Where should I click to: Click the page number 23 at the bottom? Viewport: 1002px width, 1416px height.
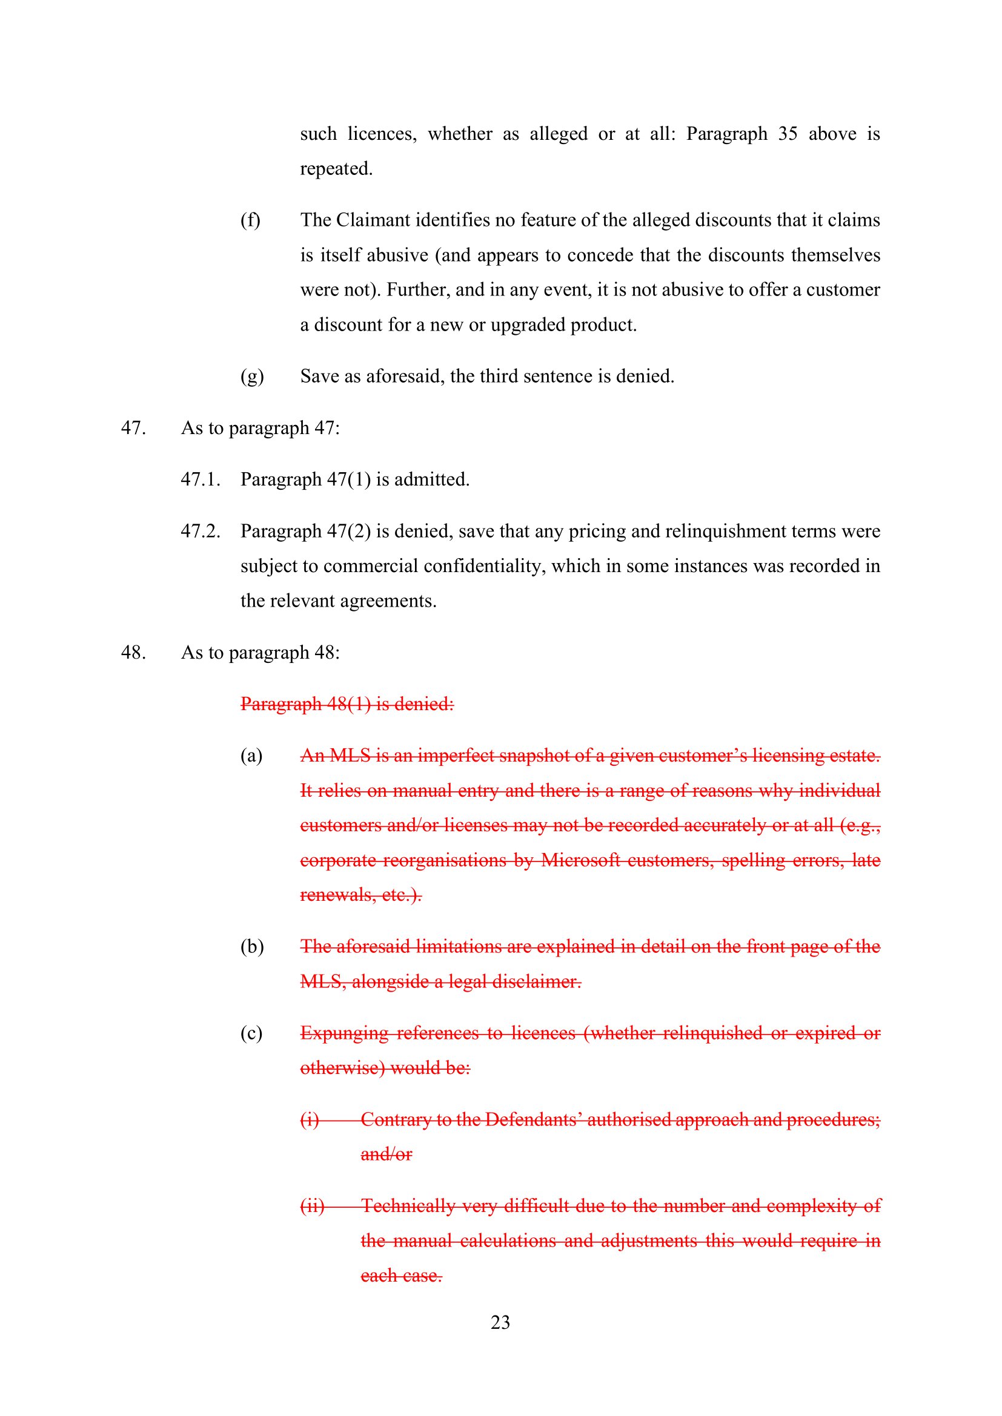point(500,1322)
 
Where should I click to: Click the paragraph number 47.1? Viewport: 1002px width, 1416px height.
point(201,479)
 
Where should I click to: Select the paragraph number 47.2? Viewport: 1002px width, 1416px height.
point(201,531)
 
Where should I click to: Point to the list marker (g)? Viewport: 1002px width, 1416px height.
point(252,376)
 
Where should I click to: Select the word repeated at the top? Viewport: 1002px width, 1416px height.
point(336,168)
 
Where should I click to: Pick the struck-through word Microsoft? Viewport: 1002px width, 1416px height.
point(580,860)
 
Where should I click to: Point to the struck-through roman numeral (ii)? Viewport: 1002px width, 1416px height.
point(312,1206)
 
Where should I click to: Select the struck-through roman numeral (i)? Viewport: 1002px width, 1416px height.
point(310,1119)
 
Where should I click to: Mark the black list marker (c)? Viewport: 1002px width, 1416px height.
point(251,1033)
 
